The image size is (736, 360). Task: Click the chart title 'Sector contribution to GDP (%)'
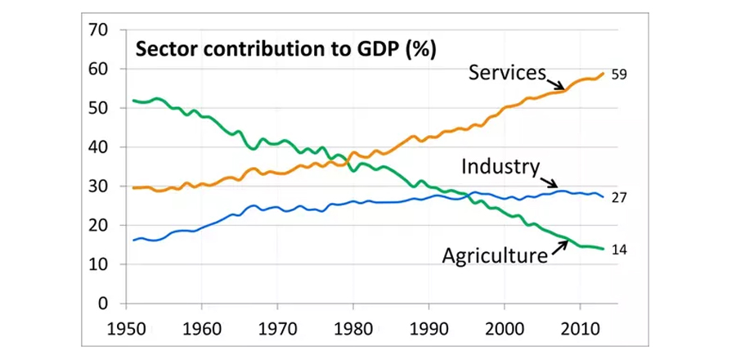(285, 48)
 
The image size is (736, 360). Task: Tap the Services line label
(506, 73)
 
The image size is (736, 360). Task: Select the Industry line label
(500, 167)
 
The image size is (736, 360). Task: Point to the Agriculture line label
(494, 256)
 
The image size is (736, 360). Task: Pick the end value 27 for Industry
(618, 198)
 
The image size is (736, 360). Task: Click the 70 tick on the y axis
(97, 30)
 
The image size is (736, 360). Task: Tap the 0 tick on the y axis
(103, 304)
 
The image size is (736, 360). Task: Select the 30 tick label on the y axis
(97, 187)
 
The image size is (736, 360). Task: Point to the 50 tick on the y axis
(97, 108)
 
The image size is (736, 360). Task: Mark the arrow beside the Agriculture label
(559, 246)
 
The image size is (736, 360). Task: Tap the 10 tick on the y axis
(97, 264)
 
